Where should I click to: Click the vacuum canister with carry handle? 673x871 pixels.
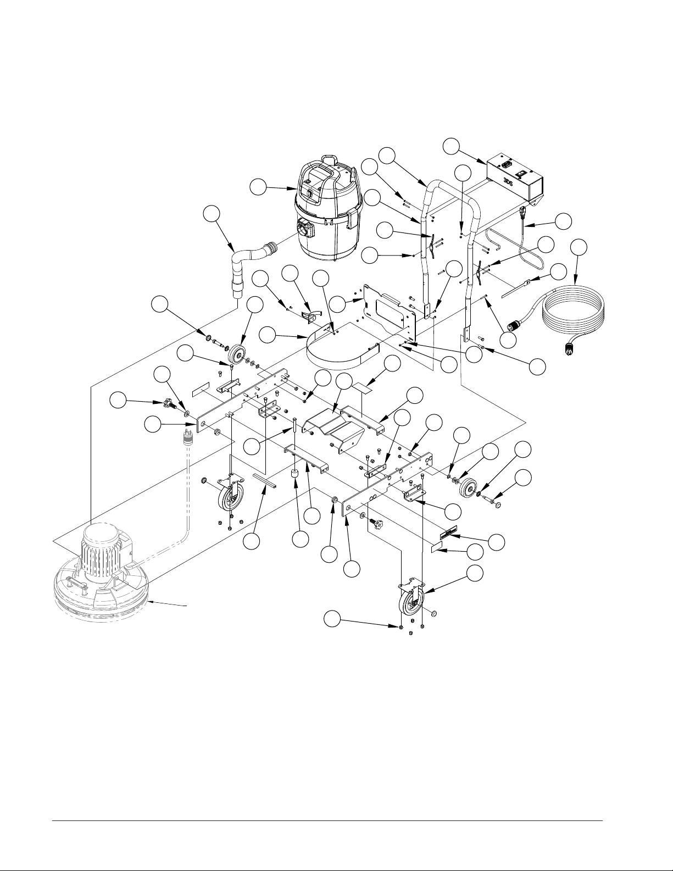click(326, 209)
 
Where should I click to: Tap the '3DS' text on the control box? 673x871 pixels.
click(509, 182)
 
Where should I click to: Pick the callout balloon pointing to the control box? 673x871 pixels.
click(451, 146)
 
